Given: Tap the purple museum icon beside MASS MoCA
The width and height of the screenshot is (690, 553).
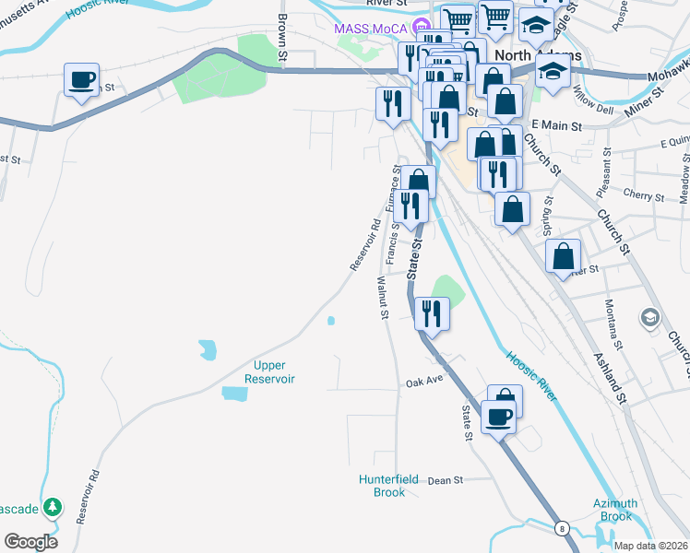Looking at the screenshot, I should [421, 27].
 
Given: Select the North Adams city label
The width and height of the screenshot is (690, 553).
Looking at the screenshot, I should [538, 55].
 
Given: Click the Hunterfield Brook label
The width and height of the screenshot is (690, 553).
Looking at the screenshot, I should [382, 486].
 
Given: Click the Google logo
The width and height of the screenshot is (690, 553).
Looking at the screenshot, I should [30, 541].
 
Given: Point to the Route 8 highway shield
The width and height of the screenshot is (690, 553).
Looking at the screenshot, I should [561, 528].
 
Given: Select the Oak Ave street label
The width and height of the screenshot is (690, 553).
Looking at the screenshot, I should [425, 381].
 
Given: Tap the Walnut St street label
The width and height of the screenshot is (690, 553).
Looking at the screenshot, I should [381, 298].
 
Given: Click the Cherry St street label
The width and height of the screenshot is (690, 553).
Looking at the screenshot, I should [643, 196].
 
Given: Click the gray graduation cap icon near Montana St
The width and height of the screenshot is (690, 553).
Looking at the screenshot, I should [650, 318].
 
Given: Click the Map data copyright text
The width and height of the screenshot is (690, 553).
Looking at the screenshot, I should [649, 545].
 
